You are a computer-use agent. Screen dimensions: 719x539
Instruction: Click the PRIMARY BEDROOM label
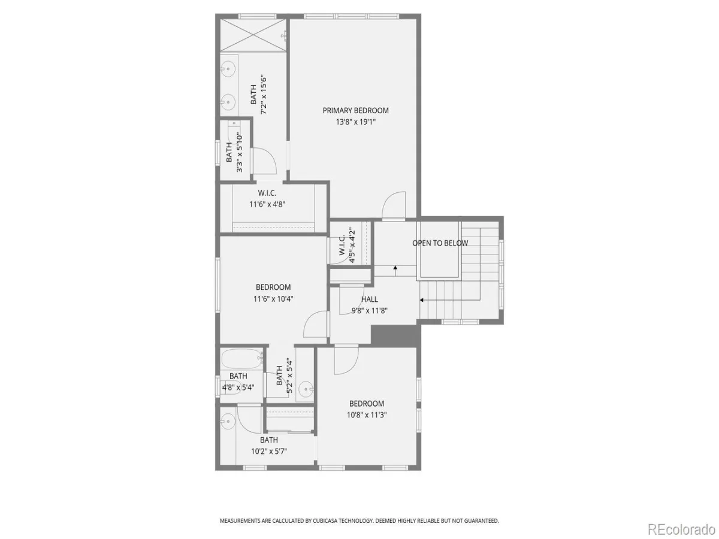pos(355,111)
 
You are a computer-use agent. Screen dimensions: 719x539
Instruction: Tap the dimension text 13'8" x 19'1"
pos(355,122)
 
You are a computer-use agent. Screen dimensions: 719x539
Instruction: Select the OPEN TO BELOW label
pos(440,243)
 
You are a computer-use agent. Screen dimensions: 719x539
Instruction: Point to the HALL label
pos(370,299)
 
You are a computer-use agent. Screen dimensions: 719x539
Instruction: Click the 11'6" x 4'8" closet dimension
pos(267,205)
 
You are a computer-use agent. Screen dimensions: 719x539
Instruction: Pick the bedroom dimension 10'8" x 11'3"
pos(367,415)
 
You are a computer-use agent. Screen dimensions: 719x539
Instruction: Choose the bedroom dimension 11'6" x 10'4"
pos(273,299)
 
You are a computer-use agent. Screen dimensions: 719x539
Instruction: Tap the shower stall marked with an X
pos(253,35)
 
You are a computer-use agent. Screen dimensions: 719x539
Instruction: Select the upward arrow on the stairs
pos(395,271)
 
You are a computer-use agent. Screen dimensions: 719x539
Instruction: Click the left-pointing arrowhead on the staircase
pos(422,300)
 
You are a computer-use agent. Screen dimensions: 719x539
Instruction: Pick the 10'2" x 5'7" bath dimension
pos(269,452)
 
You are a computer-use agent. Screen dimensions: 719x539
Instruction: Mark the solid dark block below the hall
pos(395,334)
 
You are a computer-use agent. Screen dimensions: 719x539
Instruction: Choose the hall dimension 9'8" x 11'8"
pos(370,311)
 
